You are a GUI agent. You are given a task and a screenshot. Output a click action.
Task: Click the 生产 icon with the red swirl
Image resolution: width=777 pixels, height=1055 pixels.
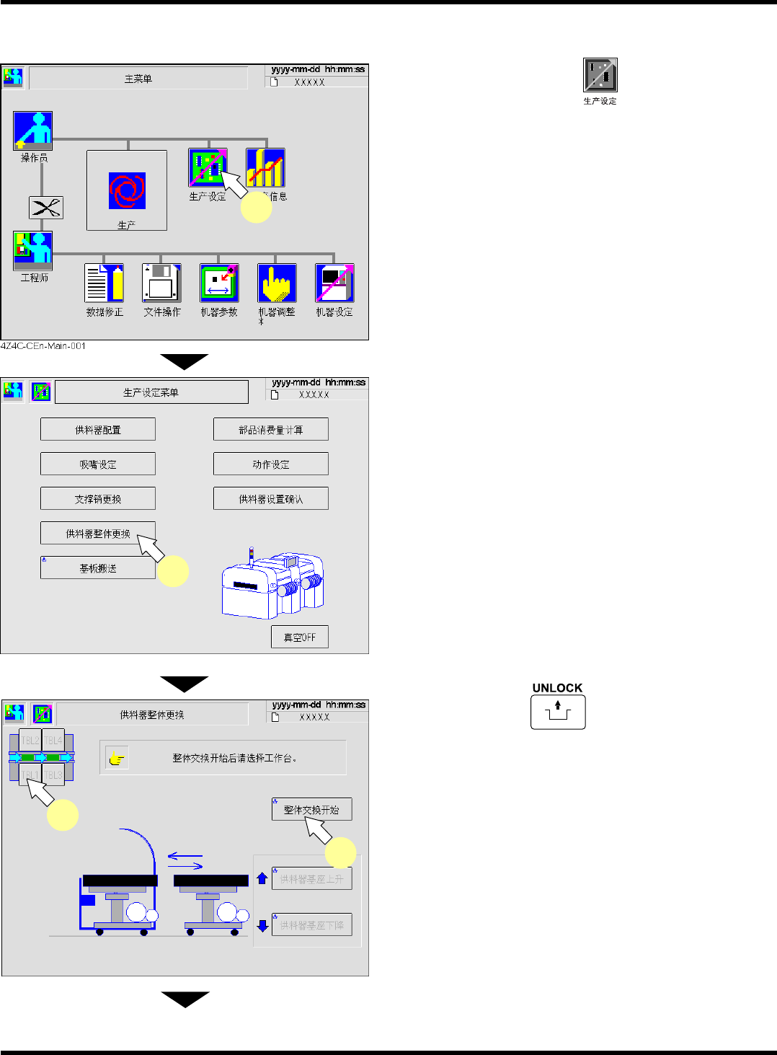[127, 190]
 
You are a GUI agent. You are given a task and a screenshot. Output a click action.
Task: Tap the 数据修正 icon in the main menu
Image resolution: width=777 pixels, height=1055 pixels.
[105, 283]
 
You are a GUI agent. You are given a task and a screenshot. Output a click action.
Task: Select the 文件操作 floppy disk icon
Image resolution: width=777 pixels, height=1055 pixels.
[161, 283]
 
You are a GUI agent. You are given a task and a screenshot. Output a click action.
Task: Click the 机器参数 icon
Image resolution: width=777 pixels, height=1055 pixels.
[219, 283]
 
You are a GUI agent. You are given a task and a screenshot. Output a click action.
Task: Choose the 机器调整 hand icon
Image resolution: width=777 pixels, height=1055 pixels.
[277, 283]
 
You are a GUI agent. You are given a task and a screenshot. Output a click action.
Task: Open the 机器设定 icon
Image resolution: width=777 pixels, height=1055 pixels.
[334, 283]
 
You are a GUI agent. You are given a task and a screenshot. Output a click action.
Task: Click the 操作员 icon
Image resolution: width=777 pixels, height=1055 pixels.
[32, 131]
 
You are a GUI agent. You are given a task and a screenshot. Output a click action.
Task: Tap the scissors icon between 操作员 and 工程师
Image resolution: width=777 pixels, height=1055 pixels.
[46, 208]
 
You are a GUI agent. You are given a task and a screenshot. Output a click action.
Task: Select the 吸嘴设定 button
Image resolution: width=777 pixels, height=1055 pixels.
[98, 464]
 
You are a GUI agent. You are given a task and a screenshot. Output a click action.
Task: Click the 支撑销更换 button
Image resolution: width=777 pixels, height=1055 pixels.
[98, 498]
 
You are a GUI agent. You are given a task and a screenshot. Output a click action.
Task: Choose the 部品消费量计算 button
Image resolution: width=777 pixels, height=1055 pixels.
[271, 429]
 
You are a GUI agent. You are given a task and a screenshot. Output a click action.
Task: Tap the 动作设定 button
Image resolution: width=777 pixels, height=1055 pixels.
[271, 464]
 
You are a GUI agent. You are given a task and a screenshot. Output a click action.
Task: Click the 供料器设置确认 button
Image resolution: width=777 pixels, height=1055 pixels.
[271, 498]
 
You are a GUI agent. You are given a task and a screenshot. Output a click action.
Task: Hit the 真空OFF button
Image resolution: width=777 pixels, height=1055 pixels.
[300, 637]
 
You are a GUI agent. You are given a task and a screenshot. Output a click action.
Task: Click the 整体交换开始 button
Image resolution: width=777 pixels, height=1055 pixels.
[311, 809]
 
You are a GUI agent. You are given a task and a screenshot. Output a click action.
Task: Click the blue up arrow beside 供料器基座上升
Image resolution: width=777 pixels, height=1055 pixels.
[262, 878]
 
